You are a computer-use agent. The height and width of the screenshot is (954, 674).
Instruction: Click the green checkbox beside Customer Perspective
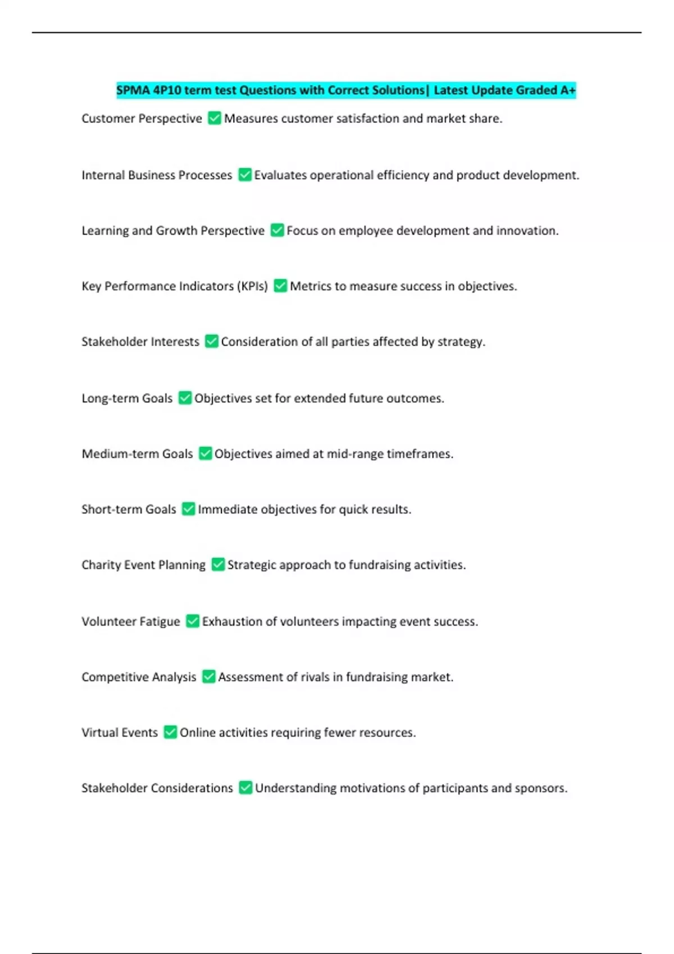pyautogui.click(x=214, y=118)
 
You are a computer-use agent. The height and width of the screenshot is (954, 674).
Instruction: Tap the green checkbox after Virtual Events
pyautogui.click(x=170, y=732)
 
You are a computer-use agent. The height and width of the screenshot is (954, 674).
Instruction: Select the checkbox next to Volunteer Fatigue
pyautogui.click(x=193, y=621)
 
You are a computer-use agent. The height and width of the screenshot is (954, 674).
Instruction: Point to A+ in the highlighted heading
pyautogui.click(x=567, y=90)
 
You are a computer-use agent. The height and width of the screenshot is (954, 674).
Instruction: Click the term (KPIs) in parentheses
pyautogui.click(x=253, y=286)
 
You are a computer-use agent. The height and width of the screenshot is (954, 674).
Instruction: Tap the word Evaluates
pyautogui.click(x=280, y=175)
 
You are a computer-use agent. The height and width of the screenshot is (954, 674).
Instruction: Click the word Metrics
pyautogui.click(x=311, y=286)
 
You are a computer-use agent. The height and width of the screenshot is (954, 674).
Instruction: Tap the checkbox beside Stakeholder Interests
pyautogui.click(x=211, y=341)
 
